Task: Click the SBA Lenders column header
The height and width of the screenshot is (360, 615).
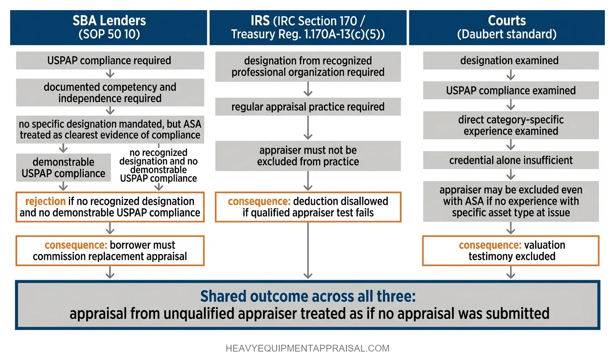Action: (109, 27)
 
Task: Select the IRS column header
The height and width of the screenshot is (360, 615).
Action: (308, 27)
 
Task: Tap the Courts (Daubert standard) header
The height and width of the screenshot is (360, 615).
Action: (507, 27)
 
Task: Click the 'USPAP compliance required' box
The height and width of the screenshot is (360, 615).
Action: (110, 60)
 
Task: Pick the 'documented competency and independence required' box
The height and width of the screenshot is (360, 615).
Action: (110, 93)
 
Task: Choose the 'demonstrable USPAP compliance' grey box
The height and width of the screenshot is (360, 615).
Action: (63, 168)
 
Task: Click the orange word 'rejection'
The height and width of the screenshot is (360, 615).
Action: (45, 201)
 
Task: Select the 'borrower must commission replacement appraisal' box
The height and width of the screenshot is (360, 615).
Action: (110, 251)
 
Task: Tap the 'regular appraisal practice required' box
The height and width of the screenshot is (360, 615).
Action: (308, 107)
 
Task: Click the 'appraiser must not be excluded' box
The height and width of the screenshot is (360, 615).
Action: (308, 156)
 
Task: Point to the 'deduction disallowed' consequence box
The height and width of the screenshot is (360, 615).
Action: (308, 207)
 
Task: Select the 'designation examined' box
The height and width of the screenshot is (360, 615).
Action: (511, 60)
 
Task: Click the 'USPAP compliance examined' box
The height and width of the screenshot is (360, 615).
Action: (511, 90)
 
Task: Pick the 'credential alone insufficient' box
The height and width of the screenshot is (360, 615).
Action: (511, 160)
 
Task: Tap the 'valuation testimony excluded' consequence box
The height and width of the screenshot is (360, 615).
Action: (511, 251)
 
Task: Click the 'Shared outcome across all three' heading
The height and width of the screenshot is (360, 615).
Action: (308, 296)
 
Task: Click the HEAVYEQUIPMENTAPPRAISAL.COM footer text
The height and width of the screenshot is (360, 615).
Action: (307, 348)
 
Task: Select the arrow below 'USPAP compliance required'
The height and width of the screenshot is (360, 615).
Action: (110, 74)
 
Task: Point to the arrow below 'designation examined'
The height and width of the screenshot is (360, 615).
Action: (511, 75)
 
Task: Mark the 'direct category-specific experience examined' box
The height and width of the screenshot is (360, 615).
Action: (511, 125)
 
